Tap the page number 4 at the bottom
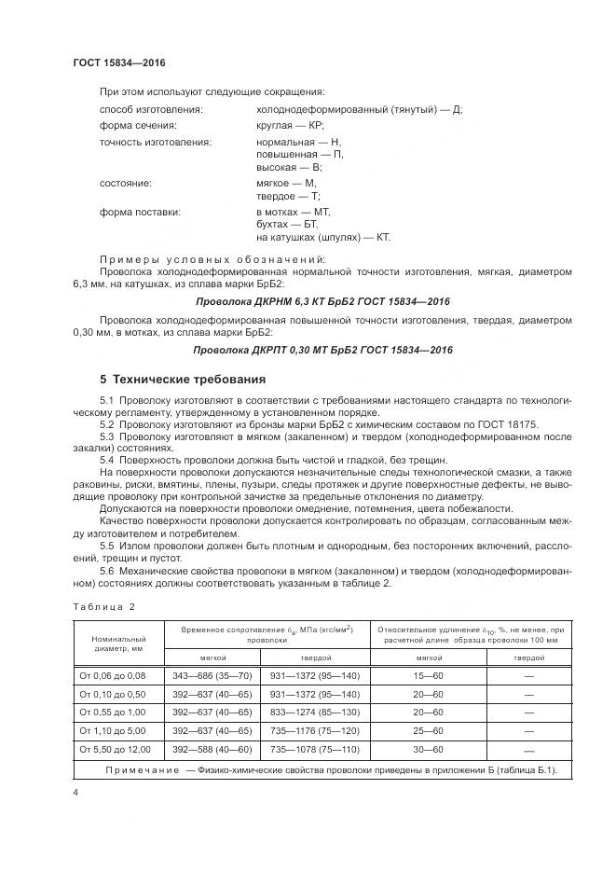tap(75, 792)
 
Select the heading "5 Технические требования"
tap(183, 380)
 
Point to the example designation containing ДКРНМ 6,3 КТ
tap(322, 303)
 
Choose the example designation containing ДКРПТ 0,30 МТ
tap(322, 350)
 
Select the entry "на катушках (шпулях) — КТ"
tap(322, 238)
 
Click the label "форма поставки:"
tap(140, 212)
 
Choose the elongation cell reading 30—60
tap(429, 750)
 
